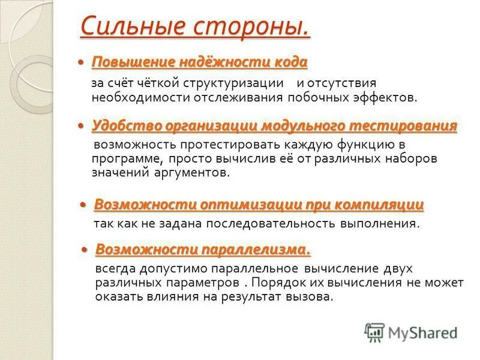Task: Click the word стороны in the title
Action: pyautogui.click(x=252, y=26)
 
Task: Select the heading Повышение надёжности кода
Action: pyautogui.click(x=199, y=62)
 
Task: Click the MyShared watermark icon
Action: pyautogui.click(x=374, y=332)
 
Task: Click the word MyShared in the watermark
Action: pyautogui.click(x=423, y=332)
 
